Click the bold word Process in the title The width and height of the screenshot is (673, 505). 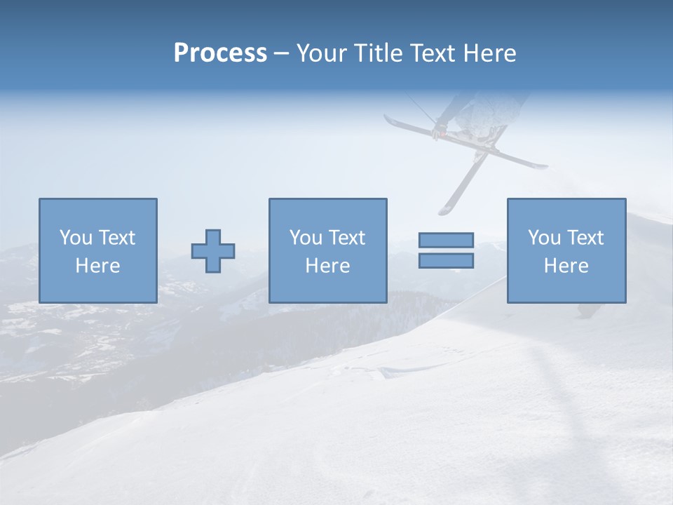pyautogui.click(x=220, y=53)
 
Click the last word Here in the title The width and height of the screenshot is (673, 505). pyautogui.click(x=489, y=53)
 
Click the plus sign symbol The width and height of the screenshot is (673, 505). pyautogui.click(x=213, y=250)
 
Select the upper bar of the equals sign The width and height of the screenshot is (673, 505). pyautogui.click(x=446, y=240)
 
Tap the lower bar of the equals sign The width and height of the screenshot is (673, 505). pyautogui.click(x=446, y=260)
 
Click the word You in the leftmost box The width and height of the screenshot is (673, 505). pyautogui.click(x=76, y=238)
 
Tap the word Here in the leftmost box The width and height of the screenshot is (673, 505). pyautogui.click(x=97, y=266)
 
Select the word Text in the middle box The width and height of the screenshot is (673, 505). pyautogui.click(x=347, y=238)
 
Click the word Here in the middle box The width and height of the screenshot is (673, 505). pyautogui.click(x=327, y=266)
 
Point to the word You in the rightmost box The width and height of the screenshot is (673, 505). pyautogui.click(x=544, y=238)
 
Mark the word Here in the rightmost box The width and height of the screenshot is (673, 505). pyautogui.click(x=566, y=266)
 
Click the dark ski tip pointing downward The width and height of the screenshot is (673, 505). pyautogui.click(x=445, y=209)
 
